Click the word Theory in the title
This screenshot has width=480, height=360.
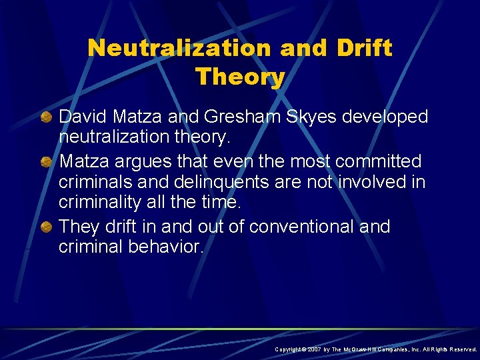pos(240,77)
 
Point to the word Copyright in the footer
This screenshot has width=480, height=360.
pos(287,349)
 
